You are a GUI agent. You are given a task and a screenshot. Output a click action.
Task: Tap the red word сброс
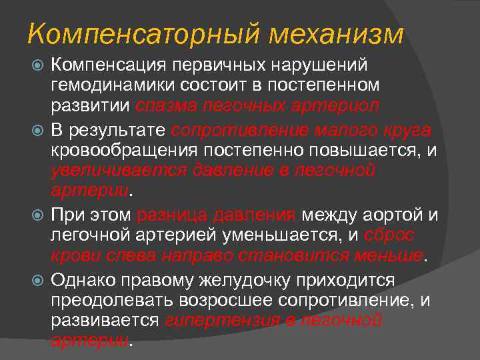390,235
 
